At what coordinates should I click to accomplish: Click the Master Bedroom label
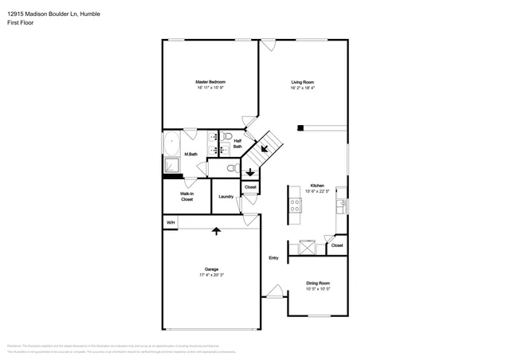pyautogui.click(x=210, y=82)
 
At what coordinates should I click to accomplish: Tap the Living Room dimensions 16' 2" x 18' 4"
pyautogui.click(x=302, y=88)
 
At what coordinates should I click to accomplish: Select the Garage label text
pyautogui.click(x=211, y=269)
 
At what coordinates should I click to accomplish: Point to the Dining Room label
pyautogui.click(x=318, y=283)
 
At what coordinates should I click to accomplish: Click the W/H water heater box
pyautogui.click(x=170, y=222)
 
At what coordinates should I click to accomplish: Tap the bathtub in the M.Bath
pyautogui.click(x=172, y=144)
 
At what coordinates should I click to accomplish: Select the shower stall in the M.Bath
pyautogui.click(x=171, y=165)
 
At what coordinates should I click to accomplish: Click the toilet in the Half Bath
pyautogui.click(x=227, y=135)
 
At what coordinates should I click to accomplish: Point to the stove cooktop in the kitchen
pyautogui.click(x=294, y=205)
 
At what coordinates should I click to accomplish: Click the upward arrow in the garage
pyautogui.click(x=215, y=232)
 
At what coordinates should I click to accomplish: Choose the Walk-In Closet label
pyautogui.click(x=186, y=196)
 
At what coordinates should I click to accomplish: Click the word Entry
pyautogui.click(x=273, y=257)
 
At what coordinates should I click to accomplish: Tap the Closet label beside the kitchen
pyautogui.click(x=337, y=245)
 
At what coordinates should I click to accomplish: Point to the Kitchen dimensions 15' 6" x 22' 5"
pyautogui.click(x=317, y=191)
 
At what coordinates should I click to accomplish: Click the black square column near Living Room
pyautogui.click(x=301, y=127)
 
